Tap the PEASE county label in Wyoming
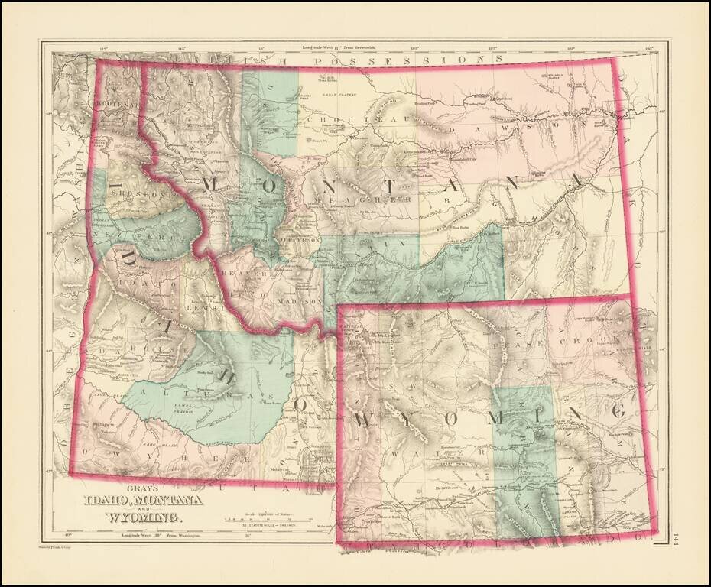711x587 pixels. (512, 345)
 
